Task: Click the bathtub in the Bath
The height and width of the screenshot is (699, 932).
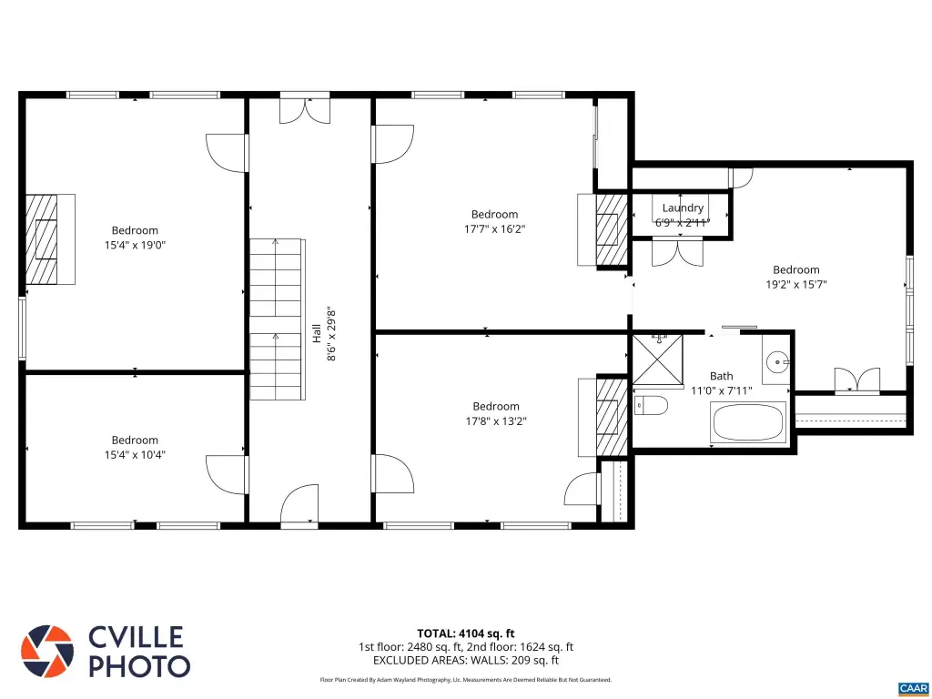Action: (749, 422)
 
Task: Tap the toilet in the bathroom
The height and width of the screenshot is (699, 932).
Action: (651, 406)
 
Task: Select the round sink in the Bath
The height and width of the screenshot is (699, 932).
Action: (776, 360)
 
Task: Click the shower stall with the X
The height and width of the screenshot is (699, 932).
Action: (657, 360)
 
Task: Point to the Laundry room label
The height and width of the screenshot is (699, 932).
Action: (683, 208)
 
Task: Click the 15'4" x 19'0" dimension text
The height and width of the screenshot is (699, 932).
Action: (135, 244)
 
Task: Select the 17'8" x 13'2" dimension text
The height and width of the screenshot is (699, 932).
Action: (496, 420)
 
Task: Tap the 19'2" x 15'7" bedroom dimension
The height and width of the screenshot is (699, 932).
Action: (795, 284)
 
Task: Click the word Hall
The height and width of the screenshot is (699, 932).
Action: (317, 333)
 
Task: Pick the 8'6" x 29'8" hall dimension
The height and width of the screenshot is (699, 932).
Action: (331, 334)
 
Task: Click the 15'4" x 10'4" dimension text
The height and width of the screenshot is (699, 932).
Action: (135, 455)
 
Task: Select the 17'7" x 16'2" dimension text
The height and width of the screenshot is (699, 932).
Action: (494, 228)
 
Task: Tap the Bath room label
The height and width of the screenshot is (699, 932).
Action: (721, 376)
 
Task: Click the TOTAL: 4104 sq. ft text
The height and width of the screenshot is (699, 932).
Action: (465, 633)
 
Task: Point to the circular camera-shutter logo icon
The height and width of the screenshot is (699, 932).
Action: (47, 652)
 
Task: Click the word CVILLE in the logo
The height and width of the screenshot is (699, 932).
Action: (136, 637)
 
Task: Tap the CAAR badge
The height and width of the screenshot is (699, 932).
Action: (913, 688)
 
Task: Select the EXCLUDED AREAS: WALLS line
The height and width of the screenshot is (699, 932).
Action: (465, 660)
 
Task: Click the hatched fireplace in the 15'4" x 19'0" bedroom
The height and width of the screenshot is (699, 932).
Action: (42, 239)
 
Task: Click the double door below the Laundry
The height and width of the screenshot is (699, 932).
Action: (677, 251)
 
